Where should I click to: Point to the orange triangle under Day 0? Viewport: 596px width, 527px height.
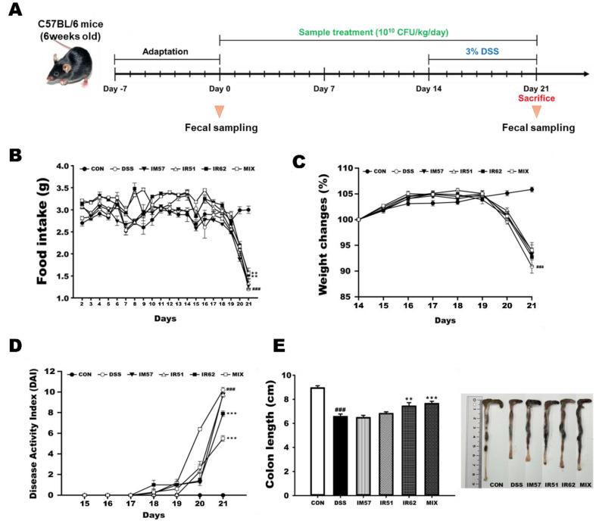pos(220,111)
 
